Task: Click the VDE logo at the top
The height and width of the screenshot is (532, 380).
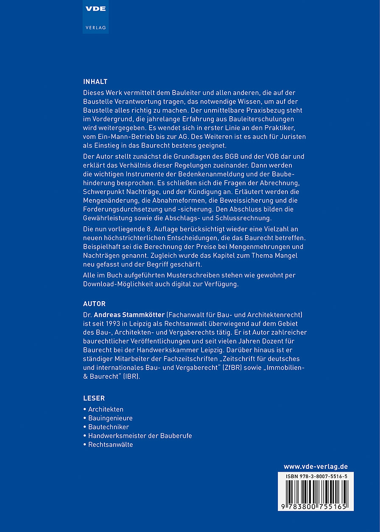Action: pos(95,9)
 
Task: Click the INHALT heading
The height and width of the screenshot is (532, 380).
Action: pos(95,82)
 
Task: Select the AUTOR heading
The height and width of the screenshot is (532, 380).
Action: pos(94,304)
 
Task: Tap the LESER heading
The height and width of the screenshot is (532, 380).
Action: pos(94,398)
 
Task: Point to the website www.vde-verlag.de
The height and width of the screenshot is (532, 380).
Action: pos(316,467)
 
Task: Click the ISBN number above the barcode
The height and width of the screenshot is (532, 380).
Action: pos(316,477)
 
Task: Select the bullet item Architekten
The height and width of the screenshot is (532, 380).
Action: pos(106,409)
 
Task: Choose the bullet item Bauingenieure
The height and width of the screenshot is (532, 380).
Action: pos(110,418)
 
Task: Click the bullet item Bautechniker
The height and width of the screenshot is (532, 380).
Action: pos(109,427)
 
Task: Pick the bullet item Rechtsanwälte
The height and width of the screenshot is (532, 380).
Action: pos(110,445)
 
